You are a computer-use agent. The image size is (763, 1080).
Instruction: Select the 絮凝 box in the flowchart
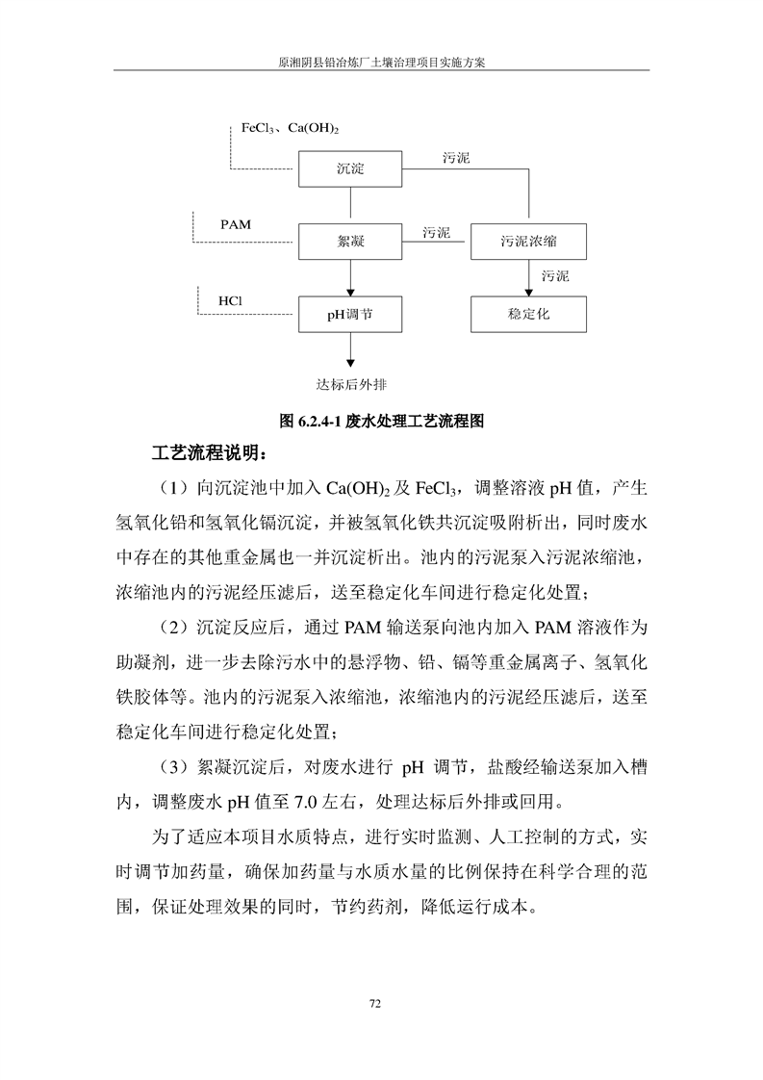point(350,241)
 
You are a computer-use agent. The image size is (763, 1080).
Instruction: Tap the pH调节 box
point(350,314)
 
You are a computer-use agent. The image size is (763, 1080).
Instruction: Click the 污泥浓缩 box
point(528,241)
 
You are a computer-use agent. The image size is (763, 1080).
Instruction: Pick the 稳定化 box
point(528,314)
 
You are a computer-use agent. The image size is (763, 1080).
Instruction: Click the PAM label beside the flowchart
point(235,224)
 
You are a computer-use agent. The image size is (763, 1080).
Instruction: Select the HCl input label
point(230,300)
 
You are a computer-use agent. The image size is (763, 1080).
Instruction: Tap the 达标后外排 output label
point(351,384)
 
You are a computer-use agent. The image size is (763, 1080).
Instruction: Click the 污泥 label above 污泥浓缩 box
point(456,157)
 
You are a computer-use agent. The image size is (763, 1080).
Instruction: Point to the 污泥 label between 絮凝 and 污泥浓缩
point(437,232)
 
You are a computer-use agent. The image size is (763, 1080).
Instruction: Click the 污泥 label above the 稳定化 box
point(555,276)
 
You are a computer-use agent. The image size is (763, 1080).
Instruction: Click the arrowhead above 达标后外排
point(350,363)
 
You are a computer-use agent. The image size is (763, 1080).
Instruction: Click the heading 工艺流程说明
point(207,452)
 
